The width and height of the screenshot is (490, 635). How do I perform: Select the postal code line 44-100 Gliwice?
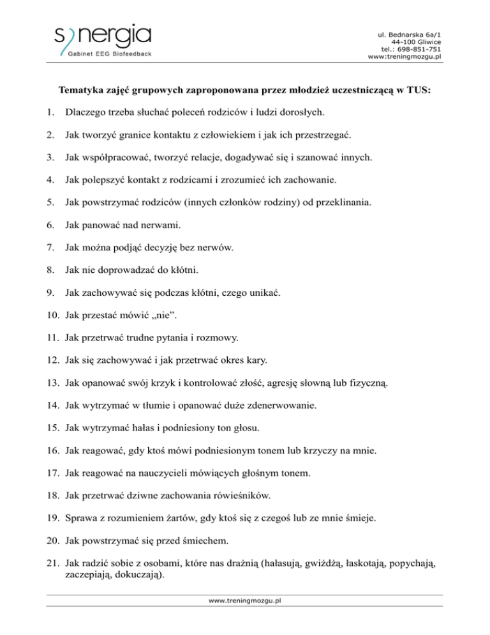coord(414,40)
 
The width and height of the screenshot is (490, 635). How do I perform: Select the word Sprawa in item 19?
coord(80,501)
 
